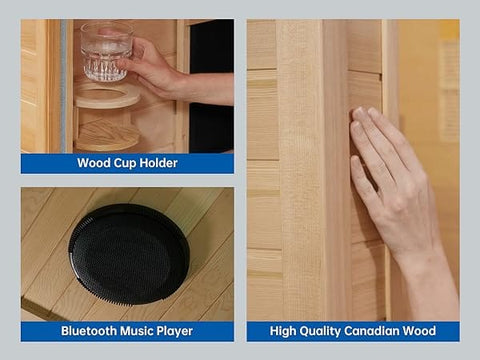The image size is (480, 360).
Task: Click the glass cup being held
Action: (x=106, y=52)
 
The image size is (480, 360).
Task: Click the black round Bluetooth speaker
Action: (x=129, y=254)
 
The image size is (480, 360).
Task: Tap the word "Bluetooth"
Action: (x=89, y=331)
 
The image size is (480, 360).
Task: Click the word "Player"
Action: (x=175, y=332)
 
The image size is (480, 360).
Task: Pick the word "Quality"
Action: (x=320, y=331)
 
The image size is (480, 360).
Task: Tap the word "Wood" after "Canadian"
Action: (x=419, y=331)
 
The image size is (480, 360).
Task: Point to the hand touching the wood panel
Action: (x=392, y=180)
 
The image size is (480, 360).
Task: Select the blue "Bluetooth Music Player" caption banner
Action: (x=127, y=331)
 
